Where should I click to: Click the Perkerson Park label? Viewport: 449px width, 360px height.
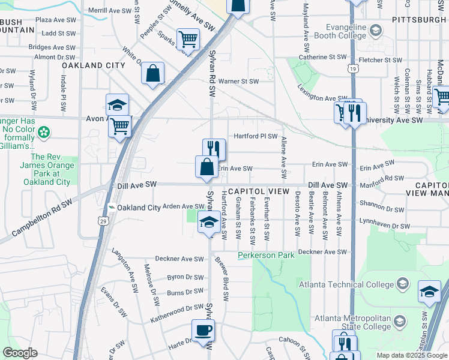[x=266, y=256]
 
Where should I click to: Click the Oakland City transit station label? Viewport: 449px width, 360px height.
[x=139, y=208]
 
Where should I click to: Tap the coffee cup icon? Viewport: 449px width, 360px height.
[x=203, y=330]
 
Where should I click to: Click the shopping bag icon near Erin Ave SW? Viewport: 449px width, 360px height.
[x=206, y=167]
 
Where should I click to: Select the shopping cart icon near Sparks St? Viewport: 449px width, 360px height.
[x=188, y=40]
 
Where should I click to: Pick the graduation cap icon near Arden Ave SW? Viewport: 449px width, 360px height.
[x=208, y=223]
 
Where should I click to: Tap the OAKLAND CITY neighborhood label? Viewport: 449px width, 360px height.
[x=93, y=65]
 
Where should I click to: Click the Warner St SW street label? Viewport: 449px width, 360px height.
[x=238, y=81]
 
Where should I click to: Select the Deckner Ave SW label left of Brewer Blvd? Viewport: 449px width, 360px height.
[x=176, y=259]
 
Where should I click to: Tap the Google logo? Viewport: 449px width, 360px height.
[x=20, y=353]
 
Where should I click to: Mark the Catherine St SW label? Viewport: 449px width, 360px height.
[x=323, y=57]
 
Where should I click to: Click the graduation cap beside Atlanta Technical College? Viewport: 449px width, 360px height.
[x=429, y=292]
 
